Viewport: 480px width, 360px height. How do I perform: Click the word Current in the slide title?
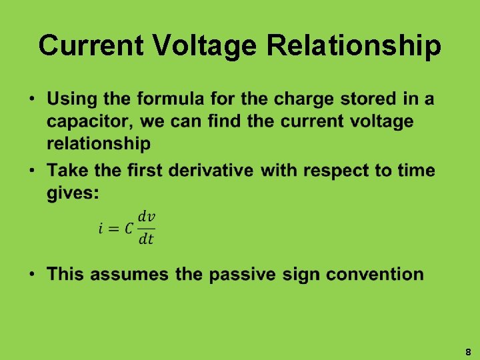91,46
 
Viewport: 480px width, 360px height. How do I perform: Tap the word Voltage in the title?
206,46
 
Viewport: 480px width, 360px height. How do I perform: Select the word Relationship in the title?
355,46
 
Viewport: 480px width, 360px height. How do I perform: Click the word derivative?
211,171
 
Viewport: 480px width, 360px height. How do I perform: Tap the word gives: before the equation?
73,193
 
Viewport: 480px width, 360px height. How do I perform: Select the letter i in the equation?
101,229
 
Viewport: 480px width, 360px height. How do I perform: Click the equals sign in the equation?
113,229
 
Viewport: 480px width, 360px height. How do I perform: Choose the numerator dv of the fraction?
146,217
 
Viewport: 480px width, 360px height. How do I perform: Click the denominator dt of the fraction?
146,239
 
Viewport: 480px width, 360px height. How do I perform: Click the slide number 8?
468,351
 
